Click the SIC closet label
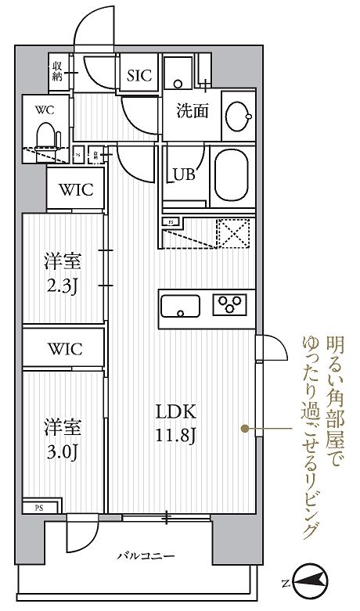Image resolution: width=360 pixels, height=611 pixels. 139,75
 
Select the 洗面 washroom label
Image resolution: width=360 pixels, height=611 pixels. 191,110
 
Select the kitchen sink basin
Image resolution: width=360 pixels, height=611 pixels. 182,305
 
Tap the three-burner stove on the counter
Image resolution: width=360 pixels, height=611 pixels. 232,304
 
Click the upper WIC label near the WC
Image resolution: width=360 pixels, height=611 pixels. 75,189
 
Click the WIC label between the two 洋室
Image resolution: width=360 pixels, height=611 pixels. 64,350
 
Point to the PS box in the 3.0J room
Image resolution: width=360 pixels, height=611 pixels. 38,508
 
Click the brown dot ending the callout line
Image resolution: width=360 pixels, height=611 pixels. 246,428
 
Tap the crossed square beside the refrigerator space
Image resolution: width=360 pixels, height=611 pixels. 233,234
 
